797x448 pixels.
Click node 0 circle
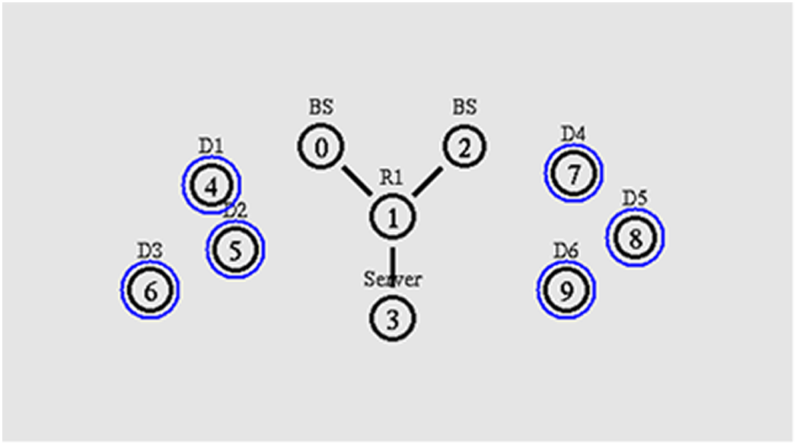(x=320, y=147)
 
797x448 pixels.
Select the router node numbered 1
(x=393, y=217)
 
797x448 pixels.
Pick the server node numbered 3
(x=393, y=318)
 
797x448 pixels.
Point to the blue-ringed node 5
(x=235, y=249)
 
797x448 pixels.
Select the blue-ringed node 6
(x=150, y=290)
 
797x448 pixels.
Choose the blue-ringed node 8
(x=636, y=238)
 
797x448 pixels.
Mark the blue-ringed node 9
(x=566, y=290)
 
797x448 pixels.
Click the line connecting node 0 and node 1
(x=355, y=181)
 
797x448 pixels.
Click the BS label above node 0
(x=320, y=107)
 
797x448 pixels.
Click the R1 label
(x=391, y=178)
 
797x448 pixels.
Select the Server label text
(x=392, y=280)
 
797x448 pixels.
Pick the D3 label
(x=149, y=250)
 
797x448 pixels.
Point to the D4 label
(x=573, y=133)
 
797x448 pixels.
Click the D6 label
(x=566, y=250)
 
